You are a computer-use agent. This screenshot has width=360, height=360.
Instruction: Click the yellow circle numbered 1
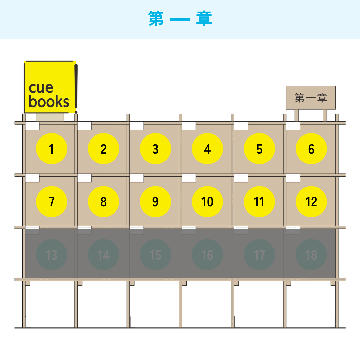(x=51, y=149)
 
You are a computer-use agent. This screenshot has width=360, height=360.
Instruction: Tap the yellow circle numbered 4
(x=207, y=149)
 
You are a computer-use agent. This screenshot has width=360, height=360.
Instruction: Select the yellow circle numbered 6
(x=311, y=149)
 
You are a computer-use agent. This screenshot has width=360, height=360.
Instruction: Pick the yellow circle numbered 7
(x=51, y=202)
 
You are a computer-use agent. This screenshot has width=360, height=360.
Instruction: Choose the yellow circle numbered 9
(x=155, y=202)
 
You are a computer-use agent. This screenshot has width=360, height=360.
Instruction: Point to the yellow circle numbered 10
(x=207, y=202)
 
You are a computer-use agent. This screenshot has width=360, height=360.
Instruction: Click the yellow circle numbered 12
(x=311, y=202)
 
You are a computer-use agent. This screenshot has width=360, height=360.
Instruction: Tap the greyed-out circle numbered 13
(x=51, y=255)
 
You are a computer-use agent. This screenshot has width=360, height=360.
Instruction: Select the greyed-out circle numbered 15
(x=155, y=255)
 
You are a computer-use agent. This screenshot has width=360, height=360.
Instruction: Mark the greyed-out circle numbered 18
(x=311, y=255)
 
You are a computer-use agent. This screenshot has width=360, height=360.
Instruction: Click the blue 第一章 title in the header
(x=180, y=19)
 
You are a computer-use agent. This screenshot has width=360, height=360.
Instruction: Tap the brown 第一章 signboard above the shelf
(x=311, y=98)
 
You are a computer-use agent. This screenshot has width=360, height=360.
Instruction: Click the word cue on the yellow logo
(x=41, y=88)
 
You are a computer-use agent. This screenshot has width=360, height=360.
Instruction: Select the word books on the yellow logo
(x=49, y=101)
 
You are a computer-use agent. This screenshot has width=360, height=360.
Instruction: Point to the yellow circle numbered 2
(x=104, y=149)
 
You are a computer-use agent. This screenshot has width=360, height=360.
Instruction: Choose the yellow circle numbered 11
(x=259, y=202)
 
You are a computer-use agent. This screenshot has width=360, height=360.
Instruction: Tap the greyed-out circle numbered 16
(x=207, y=255)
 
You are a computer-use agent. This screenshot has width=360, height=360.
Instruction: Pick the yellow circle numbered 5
(x=259, y=149)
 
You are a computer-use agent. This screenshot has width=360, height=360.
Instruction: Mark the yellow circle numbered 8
(x=104, y=202)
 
